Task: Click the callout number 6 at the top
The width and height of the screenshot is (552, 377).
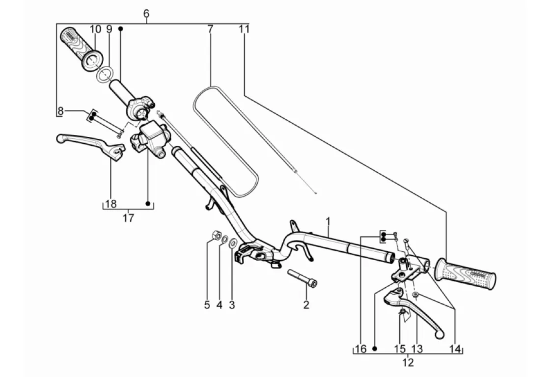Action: tap(146, 14)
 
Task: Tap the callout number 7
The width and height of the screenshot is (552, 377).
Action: tap(210, 29)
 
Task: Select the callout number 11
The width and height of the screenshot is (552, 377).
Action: tap(244, 29)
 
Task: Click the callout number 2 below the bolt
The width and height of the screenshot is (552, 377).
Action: tap(306, 305)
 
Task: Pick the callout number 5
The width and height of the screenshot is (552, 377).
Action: tap(207, 305)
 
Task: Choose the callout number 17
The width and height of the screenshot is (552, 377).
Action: tap(128, 218)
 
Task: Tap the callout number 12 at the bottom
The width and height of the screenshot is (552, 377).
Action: tap(408, 363)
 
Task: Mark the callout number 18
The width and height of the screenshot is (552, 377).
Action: tap(110, 204)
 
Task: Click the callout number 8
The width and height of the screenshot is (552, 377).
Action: tap(60, 111)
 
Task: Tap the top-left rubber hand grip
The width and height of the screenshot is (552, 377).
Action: tap(80, 48)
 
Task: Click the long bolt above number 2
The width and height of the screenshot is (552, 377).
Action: tap(302, 278)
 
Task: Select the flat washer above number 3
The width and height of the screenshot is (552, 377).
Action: tap(234, 242)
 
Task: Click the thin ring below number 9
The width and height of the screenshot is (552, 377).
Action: tap(105, 75)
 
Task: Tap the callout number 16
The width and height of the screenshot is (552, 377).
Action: tap(361, 349)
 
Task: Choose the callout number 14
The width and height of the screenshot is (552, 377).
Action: tap(455, 349)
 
